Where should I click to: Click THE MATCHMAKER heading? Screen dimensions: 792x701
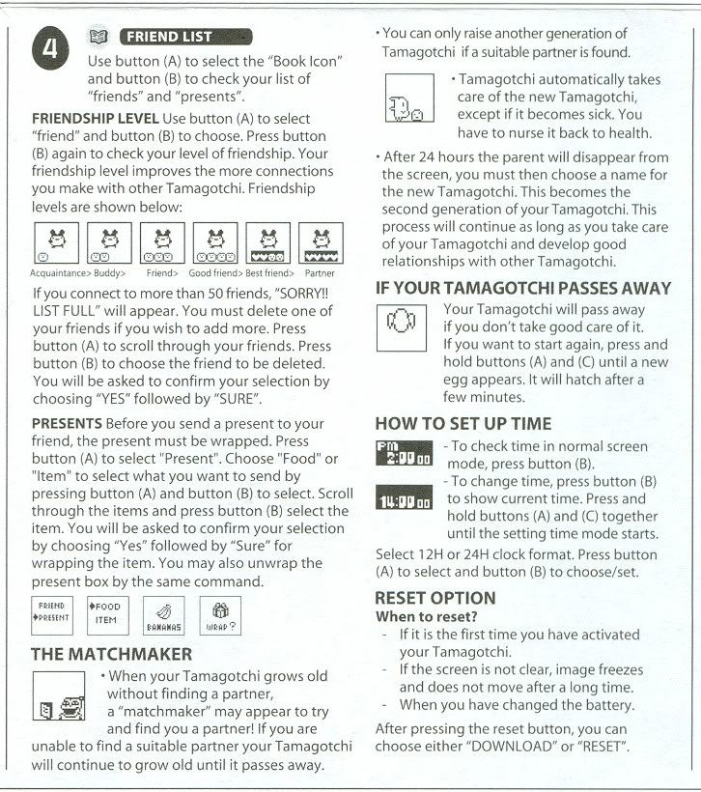[111, 654]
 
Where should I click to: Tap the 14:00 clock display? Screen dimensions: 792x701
[405, 500]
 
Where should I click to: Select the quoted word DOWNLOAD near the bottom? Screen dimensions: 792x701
[516, 747]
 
